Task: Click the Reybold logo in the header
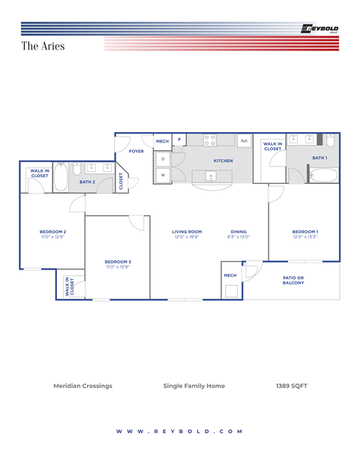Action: coord(319,29)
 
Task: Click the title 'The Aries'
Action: coord(43,46)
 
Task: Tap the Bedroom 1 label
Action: coord(305,233)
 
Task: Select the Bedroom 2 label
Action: coord(53,233)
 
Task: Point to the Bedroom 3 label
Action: coord(118,263)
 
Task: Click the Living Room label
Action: coord(187,233)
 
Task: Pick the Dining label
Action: coord(238,233)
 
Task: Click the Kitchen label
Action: coord(223,161)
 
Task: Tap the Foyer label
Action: coord(136,151)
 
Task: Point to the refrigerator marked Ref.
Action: coord(244,140)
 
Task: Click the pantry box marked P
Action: coord(179,140)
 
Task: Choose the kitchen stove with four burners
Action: coord(210,140)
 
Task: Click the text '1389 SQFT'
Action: coord(292,386)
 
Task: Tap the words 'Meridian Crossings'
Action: coord(82,386)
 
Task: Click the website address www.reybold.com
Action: coord(180,431)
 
